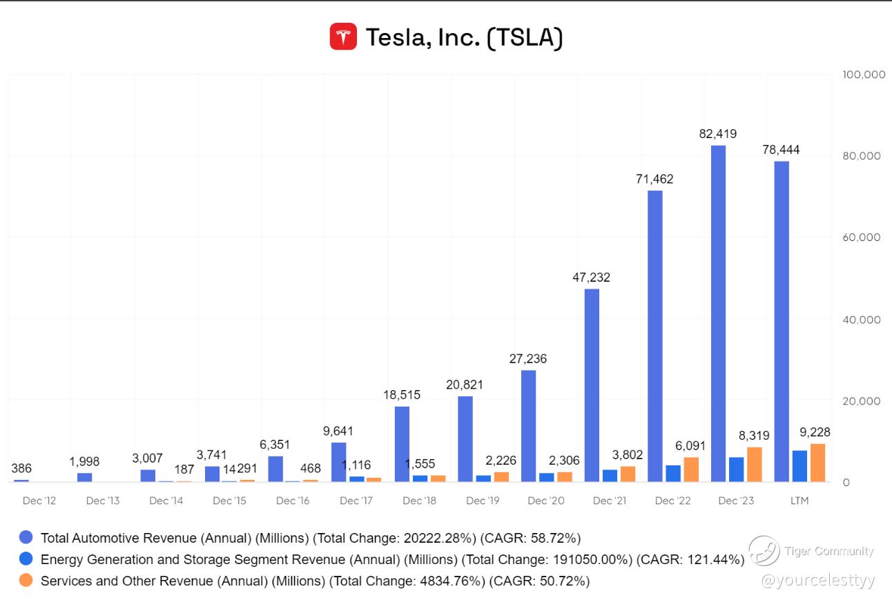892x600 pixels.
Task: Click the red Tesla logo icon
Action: (343, 37)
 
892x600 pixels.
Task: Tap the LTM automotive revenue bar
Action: (782, 322)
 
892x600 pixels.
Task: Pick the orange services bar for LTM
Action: (817, 463)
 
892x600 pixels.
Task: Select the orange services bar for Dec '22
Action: (691, 470)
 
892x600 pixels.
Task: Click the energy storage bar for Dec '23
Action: (737, 470)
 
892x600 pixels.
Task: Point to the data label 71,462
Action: (655, 180)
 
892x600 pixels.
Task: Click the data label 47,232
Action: (591, 278)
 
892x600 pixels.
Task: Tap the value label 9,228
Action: (815, 432)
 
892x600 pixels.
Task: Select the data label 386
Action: (21, 468)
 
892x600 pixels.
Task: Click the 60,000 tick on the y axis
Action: (862, 237)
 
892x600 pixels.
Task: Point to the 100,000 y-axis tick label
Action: (864, 74)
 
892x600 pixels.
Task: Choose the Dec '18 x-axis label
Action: (419, 501)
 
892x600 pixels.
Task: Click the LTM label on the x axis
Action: (799, 501)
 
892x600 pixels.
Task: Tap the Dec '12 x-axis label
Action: (39, 501)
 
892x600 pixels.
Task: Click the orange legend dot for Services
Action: (26, 581)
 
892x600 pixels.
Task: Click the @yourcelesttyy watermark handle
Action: (817, 581)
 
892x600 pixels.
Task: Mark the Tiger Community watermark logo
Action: (764, 551)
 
